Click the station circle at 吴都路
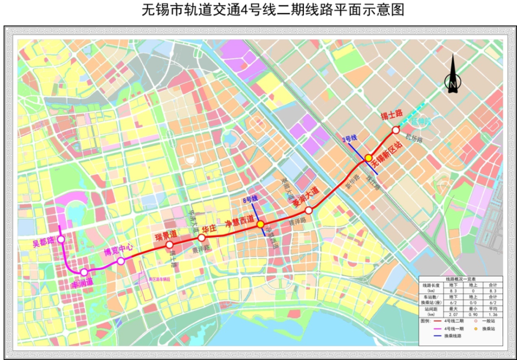click(61, 239)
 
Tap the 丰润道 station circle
click(84, 272)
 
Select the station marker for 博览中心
click(120, 261)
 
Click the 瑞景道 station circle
click(169, 245)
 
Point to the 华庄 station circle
click(201, 237)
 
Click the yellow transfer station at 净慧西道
click(260, 224)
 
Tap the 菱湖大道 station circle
click(309, 210)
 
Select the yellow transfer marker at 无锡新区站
click(368, 158)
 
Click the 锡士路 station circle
click(396, 130)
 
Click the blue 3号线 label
click(350, 139)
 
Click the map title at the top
click(258, 10)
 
